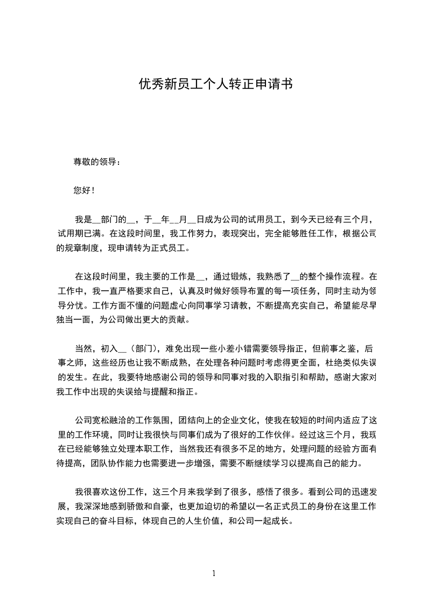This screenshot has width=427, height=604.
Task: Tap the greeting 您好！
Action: [83, 190]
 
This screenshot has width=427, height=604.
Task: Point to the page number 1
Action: [214, 573]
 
